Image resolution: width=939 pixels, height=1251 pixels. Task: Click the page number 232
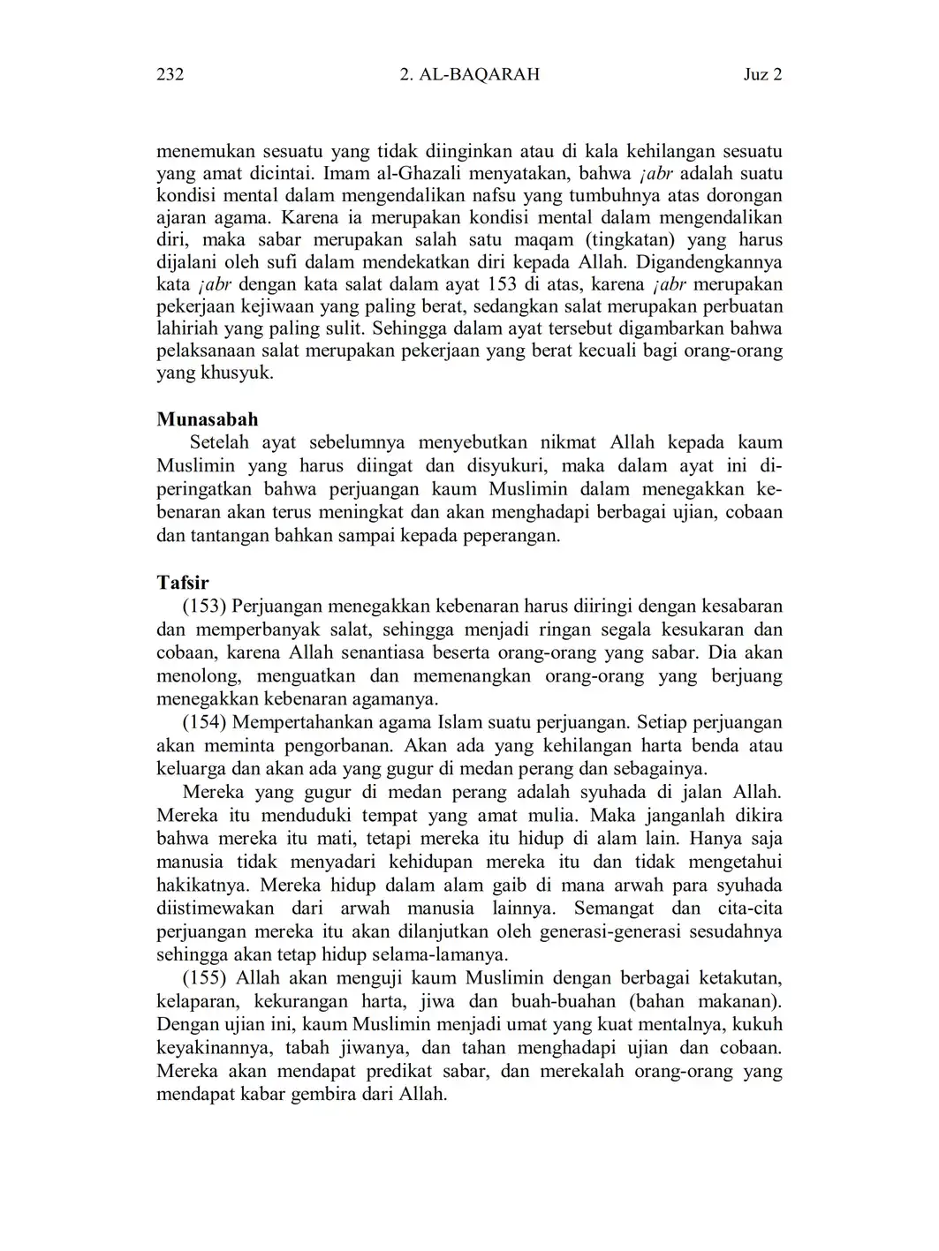tap(170, 75)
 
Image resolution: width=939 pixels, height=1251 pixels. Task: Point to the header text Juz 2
tap(762, 75)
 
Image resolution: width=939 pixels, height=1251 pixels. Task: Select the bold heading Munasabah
tap(208, 419)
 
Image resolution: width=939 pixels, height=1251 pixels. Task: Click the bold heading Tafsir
tap(182, 583)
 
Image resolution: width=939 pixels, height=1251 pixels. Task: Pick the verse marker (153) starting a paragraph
tap(205, 607)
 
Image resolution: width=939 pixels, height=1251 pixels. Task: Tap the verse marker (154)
tap(205, 722)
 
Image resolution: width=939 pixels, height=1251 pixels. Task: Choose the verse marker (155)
tap(205, 978)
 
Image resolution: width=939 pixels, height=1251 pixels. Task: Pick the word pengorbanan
tap(330, 746)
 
